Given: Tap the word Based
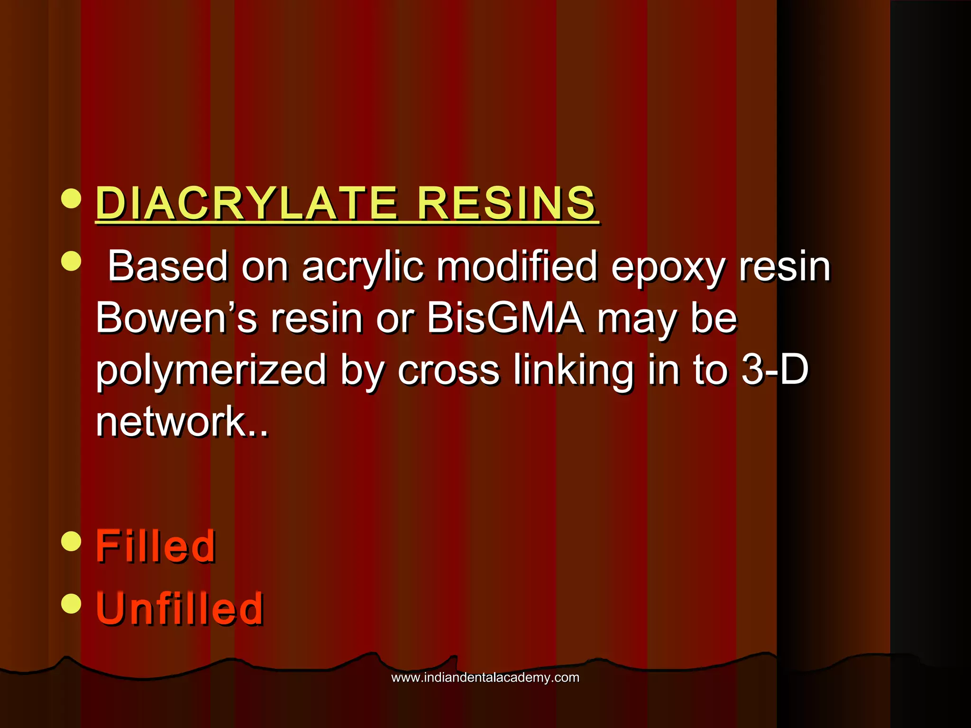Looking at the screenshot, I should pos(168,266).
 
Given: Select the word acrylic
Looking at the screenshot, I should pos(363,267).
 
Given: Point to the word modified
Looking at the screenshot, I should pos(516,266).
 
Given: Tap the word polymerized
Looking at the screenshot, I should pos(211,370).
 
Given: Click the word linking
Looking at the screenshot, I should pos(573,370).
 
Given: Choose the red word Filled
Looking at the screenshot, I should pos(156,546).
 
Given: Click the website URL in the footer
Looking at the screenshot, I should pos(485,677).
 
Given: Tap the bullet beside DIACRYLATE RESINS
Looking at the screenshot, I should pos(72,198).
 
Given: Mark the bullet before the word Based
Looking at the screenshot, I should pos(72,261).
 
